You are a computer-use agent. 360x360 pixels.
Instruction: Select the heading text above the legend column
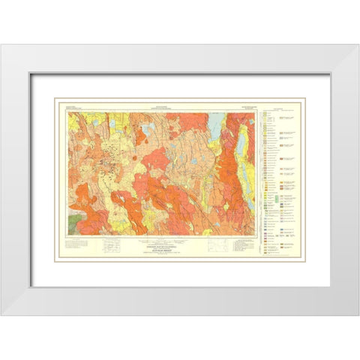(277, 109)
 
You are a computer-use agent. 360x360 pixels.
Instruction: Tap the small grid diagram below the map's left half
(112, 244)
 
